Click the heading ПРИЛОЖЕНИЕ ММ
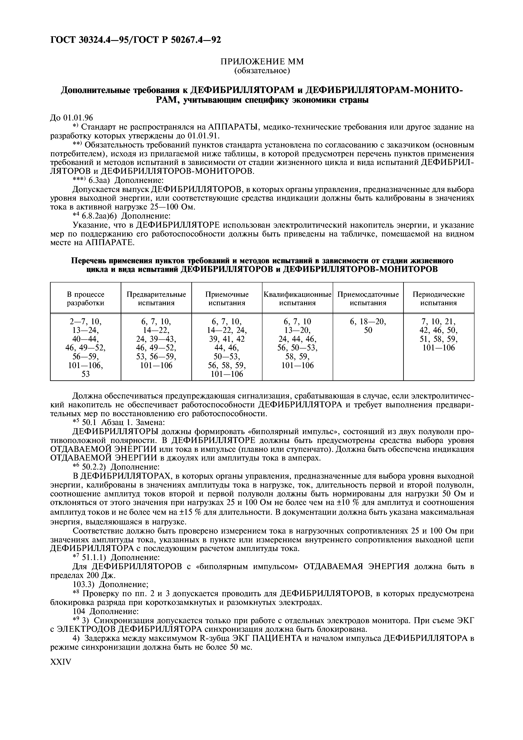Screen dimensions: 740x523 coord(262,62)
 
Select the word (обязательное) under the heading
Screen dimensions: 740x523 coord(262,71)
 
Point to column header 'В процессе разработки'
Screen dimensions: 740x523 coord(85,298)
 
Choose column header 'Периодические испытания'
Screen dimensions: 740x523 coord(439,298)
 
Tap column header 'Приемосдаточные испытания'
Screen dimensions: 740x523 coord(368,298)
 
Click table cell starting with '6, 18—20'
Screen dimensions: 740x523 coord(368,326)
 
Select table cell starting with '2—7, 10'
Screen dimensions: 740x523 coord(85,347)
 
